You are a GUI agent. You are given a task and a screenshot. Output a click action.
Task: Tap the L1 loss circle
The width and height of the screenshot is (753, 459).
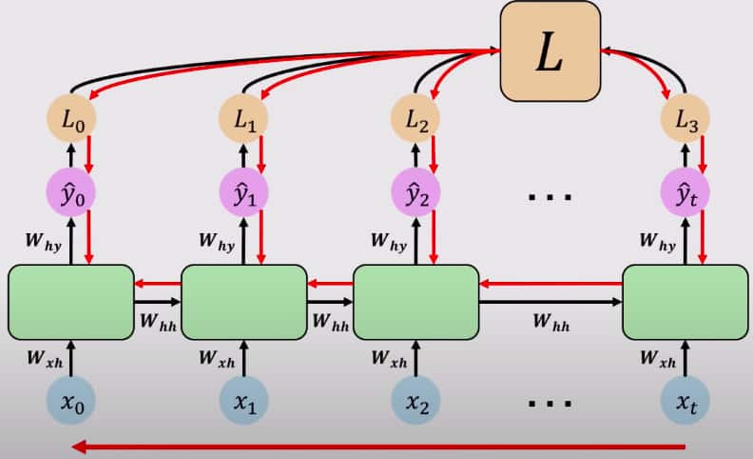point(244,121)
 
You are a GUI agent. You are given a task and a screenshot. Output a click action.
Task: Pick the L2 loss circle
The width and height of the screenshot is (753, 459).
point(416,121)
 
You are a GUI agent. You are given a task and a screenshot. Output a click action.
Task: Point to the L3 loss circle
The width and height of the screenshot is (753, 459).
point(685,121)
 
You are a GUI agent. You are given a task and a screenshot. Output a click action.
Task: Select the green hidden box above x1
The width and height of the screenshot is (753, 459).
point(244,302)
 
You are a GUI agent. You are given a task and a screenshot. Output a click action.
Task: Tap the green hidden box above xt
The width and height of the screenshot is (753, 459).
point(685,302)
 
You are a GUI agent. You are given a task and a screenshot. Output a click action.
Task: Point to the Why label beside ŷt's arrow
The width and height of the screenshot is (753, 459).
point(656,245)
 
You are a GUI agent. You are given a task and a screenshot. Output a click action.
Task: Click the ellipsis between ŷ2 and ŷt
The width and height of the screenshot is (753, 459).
point(550,198)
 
